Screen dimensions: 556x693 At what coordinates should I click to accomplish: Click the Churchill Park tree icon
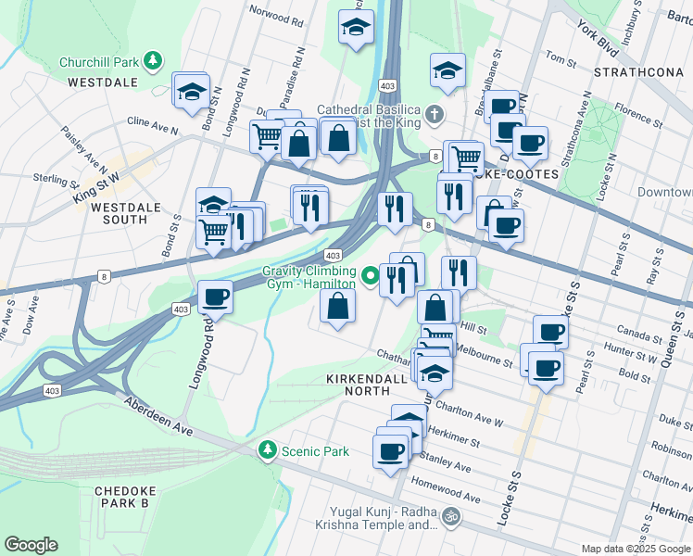153,63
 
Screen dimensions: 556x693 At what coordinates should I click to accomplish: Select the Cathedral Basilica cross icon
434,116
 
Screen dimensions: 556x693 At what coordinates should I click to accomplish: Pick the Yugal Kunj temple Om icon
451,516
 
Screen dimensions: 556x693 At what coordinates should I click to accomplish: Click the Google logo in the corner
31,545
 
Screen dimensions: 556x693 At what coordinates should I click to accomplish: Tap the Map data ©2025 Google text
636,549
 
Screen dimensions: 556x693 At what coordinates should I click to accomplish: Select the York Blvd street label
598,37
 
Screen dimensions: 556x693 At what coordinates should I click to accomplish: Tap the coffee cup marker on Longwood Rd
215,297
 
